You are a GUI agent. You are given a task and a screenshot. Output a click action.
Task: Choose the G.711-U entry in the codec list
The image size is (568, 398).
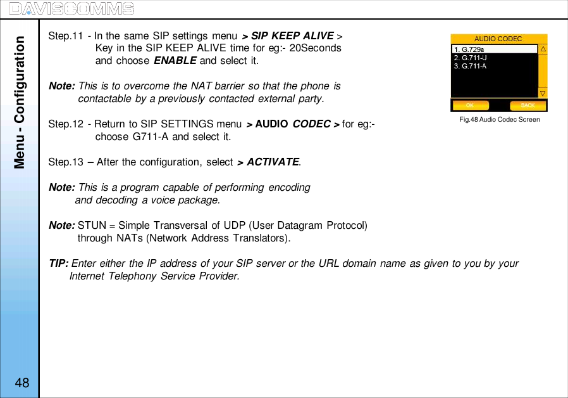click(x=471, y=57)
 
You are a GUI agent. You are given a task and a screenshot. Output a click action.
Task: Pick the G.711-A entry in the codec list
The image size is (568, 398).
click(x=471, y=65)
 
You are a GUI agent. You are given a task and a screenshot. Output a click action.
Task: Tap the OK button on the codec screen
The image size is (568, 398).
click(x=471, y=105)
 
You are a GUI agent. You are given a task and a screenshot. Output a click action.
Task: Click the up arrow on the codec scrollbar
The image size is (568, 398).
click(x=543, y=49)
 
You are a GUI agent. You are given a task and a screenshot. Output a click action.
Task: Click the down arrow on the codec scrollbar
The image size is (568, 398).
click(x=543, y=93)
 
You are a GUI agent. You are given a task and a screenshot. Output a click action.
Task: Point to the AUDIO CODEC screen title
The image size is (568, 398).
click(x=498, y=39)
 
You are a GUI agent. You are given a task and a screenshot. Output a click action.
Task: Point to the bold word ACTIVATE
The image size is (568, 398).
click(x=273, y=162)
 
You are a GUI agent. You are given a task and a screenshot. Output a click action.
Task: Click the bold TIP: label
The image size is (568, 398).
click(x=59, y=264)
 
